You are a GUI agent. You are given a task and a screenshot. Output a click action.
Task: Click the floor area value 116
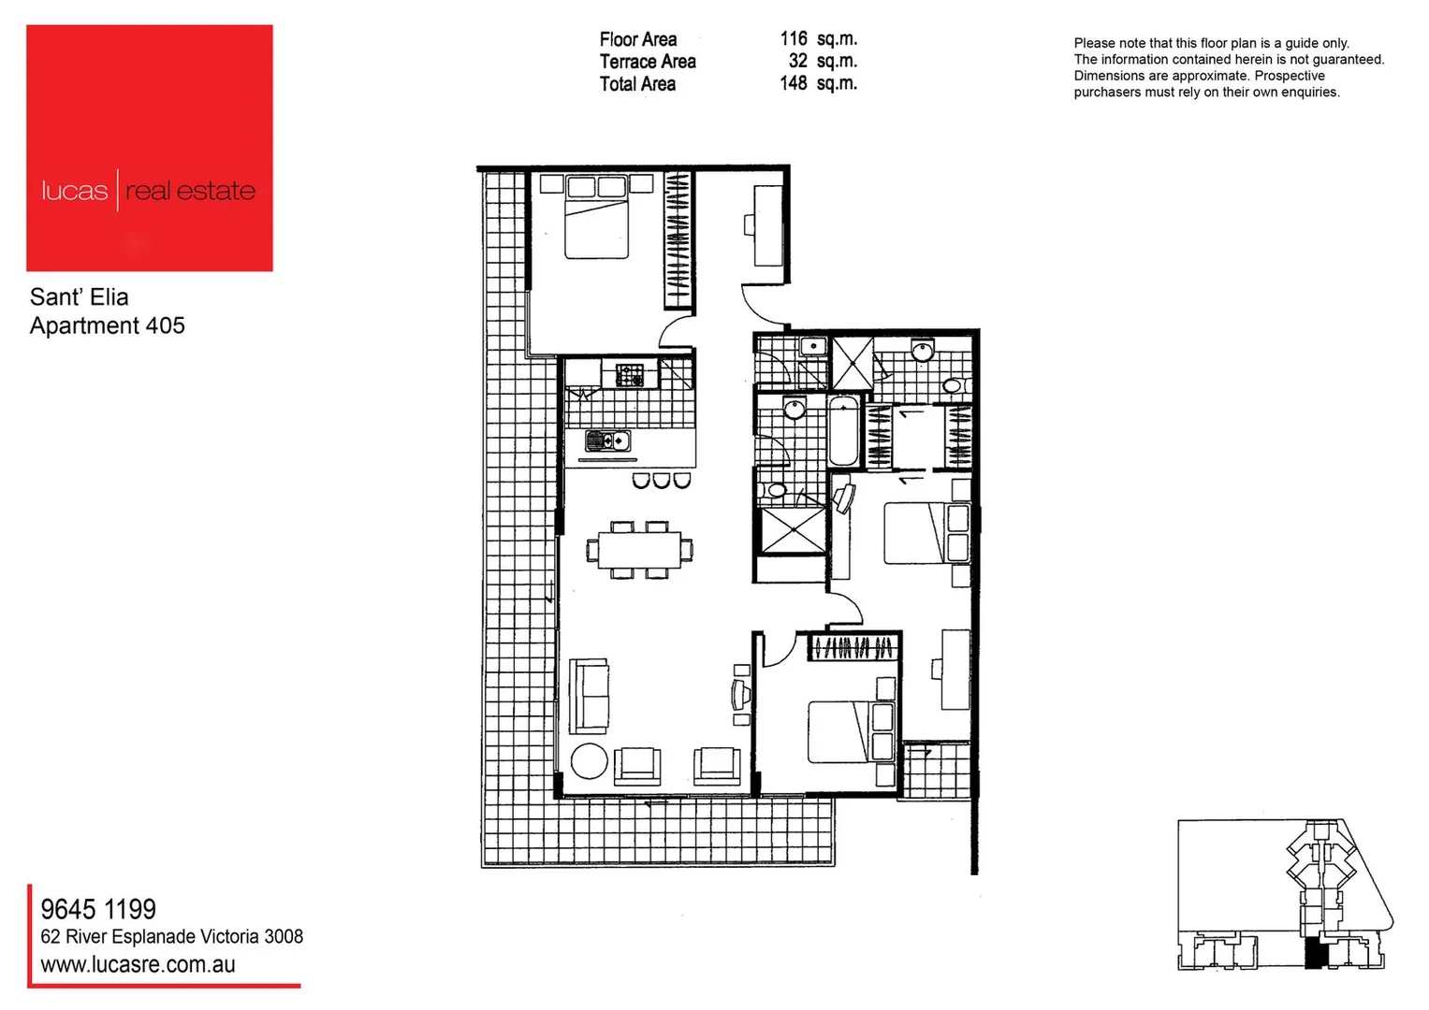click(793, 39)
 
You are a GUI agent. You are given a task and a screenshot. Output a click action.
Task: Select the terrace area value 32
click(797, 61)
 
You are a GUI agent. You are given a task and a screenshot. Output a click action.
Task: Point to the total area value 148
click(793, 83)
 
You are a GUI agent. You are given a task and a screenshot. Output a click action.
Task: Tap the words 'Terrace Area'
click(647, 62)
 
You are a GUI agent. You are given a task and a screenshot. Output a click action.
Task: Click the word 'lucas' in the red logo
click(74, 191)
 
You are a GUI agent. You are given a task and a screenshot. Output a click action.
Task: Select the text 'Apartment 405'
click(108, 325)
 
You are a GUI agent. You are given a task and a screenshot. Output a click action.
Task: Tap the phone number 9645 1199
click(98, 909)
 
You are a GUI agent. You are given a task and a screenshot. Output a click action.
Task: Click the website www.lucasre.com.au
click(138, 965)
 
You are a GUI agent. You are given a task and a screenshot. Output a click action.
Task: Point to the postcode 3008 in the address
click(284, 937)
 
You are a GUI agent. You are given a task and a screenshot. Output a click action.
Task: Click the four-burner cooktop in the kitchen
click(629, 376)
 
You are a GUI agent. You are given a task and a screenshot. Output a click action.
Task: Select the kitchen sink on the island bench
click(607, 440)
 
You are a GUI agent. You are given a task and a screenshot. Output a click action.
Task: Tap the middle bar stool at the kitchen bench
click(662, 481)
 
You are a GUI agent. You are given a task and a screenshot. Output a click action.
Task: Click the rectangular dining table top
click(640, 549)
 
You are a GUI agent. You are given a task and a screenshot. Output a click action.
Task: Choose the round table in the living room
click(590, 761)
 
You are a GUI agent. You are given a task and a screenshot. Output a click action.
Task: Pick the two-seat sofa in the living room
click(590, 695)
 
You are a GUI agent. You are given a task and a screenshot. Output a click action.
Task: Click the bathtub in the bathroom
click(843, 431)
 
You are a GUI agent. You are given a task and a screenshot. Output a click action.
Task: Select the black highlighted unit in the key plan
click(1316, 954)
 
